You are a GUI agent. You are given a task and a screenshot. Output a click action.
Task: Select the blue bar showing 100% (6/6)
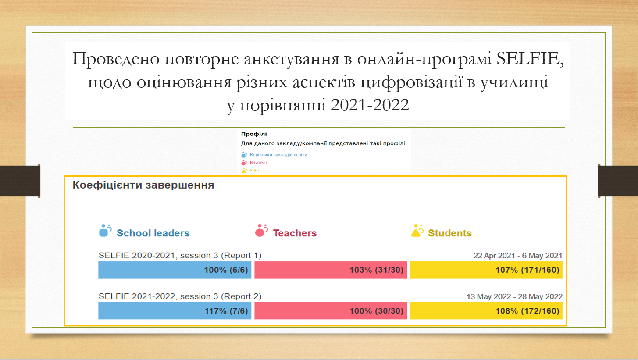175,270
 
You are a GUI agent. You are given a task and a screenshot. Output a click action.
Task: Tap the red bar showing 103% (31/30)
331,270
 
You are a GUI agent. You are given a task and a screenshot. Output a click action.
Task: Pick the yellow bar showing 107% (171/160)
486,270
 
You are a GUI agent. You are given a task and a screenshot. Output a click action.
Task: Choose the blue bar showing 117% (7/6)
175,311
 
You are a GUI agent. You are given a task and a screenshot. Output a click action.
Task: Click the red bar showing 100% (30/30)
331,311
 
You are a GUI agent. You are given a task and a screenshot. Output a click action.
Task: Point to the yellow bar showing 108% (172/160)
486,311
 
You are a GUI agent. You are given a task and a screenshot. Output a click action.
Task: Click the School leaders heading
153,233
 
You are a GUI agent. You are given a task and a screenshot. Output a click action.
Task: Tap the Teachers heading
295,233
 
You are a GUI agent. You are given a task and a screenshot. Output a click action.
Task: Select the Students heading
450,233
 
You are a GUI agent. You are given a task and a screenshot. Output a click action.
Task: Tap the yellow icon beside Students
417,230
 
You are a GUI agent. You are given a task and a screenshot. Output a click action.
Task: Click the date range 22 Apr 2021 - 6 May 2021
518,256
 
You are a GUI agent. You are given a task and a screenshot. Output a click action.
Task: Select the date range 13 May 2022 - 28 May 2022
514,296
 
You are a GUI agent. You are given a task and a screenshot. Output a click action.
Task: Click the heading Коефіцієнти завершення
143,185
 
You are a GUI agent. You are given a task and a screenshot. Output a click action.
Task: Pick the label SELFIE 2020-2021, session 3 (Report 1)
180,256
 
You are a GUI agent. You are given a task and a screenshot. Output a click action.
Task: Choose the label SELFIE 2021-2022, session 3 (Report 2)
180,296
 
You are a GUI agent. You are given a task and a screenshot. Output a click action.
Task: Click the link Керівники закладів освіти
278,155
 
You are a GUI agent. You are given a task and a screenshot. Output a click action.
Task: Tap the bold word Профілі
254,134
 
